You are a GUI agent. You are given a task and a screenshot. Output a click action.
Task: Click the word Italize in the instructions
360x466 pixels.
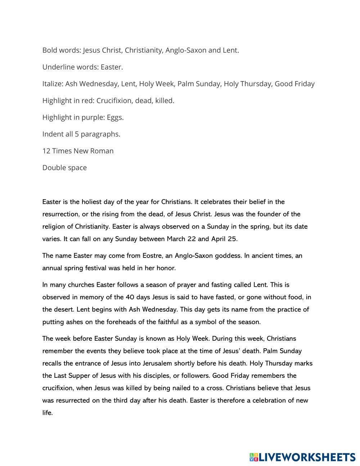(53, 84)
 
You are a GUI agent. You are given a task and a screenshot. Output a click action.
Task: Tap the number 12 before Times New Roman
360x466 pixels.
(46, 151)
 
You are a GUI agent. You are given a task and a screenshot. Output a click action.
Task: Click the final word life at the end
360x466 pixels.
(47, 413)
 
